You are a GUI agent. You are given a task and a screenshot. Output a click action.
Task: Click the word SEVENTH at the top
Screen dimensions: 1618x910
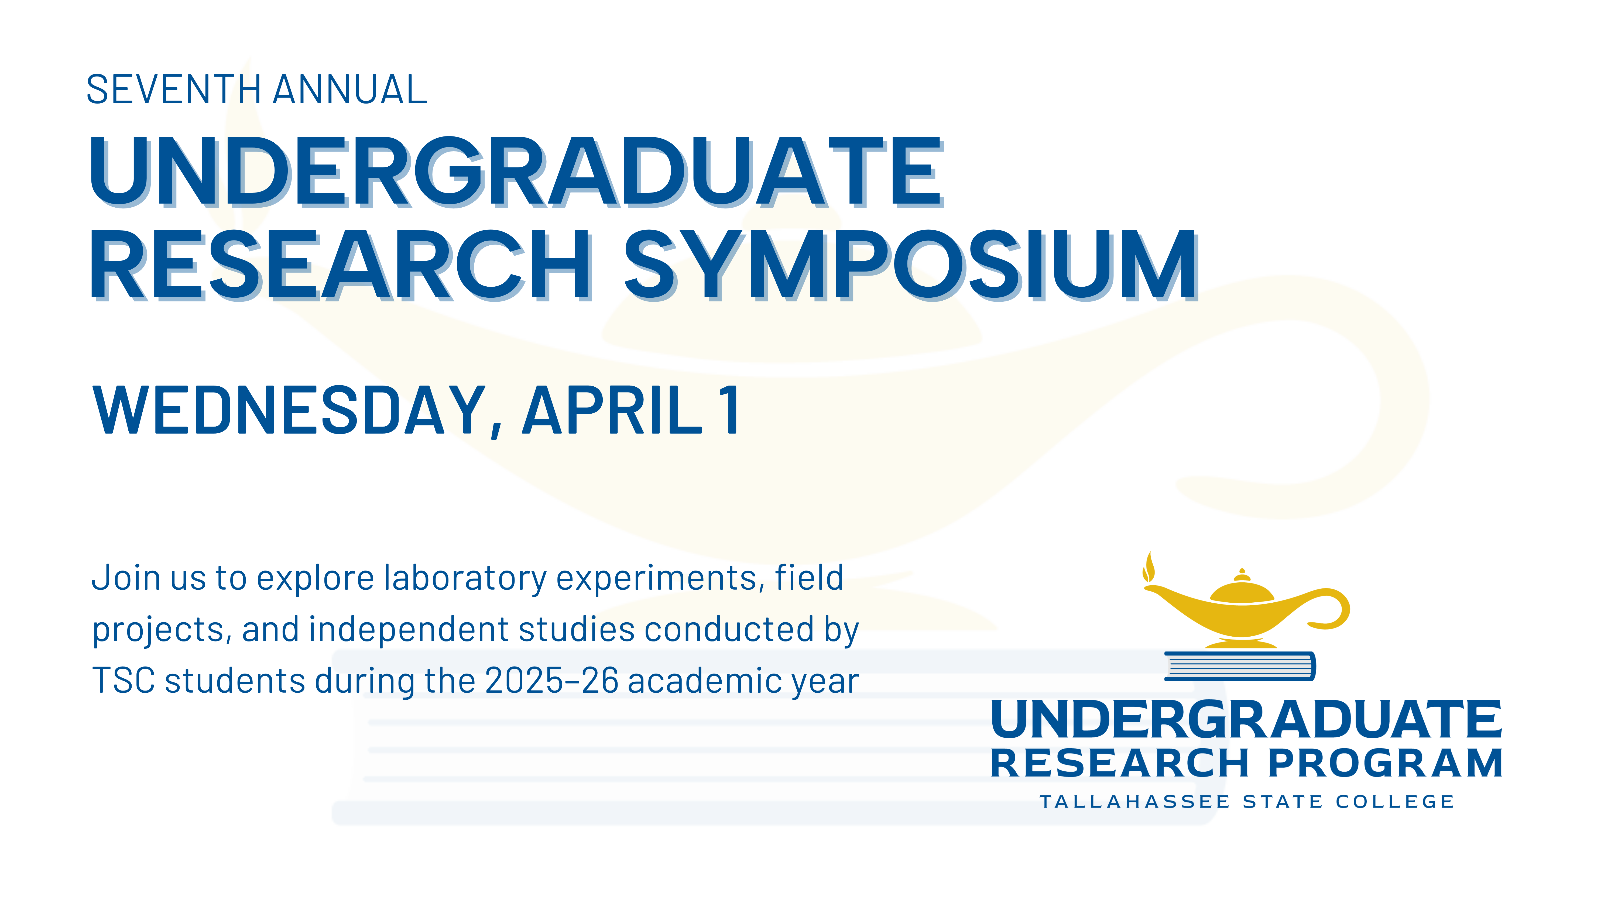point(173,90)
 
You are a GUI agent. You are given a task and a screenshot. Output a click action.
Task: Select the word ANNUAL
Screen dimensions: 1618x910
point(351,90)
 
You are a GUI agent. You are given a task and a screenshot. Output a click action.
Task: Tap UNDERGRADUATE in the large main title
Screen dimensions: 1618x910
point(516,171)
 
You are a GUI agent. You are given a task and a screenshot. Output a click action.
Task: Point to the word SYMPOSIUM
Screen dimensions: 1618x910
point(911,265)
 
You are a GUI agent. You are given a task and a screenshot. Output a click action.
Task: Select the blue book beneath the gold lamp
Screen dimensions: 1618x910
point(1240,666)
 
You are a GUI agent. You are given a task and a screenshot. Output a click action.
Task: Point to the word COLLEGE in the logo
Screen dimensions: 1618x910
point(1395,802)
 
